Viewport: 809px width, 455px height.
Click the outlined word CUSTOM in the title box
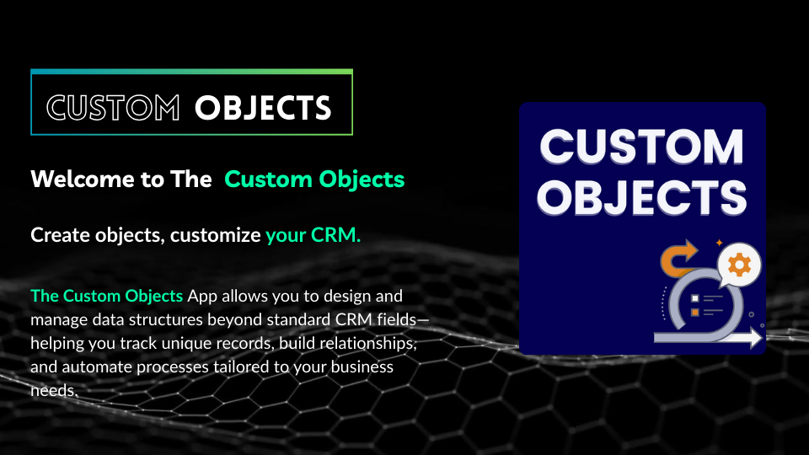tap(113, 108)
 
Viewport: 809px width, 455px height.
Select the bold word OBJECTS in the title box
tap(263, 108)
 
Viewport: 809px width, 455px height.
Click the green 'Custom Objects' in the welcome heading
tap(314, 179)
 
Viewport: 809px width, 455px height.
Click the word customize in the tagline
tap(216, 235)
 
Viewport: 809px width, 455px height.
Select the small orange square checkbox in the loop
tap(694, 313)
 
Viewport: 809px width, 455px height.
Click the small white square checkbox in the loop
tap(694, 298)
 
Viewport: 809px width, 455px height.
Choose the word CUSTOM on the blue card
tap(642, 147)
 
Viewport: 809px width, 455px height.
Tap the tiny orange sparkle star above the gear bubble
tap(719, 243)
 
